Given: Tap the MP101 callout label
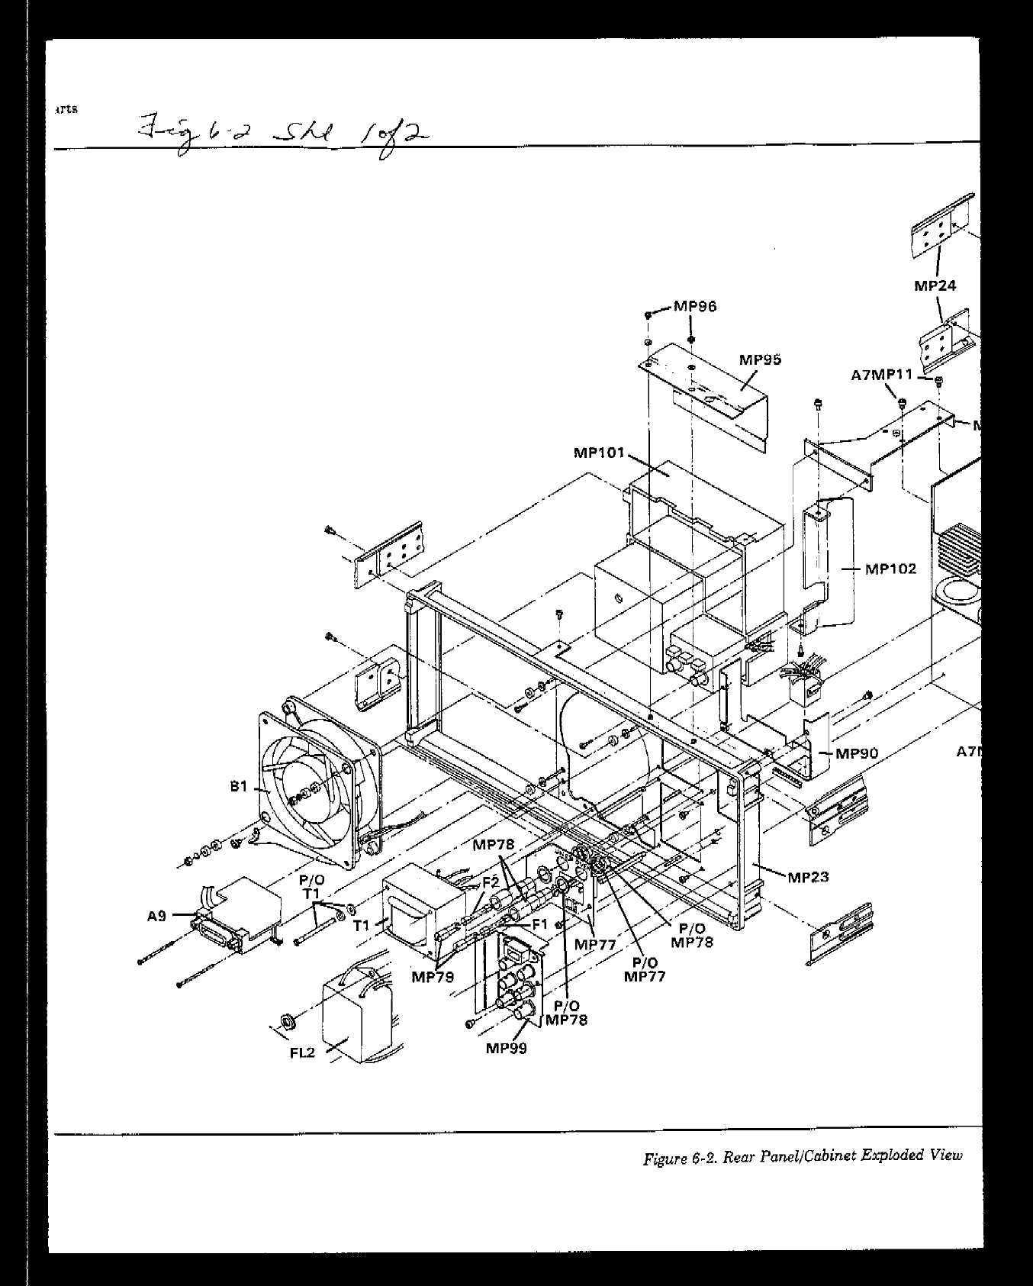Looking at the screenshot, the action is click(599, 453).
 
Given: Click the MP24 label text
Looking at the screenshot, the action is click(935, 286).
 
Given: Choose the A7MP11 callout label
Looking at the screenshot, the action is click(882, 375).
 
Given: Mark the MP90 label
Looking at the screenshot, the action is click(857, 753).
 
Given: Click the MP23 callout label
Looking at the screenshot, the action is click(808, 877).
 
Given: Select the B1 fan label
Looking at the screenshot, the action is click(240, 785).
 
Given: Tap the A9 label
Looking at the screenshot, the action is click(157, 917).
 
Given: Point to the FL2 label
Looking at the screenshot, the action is click(303, 1053).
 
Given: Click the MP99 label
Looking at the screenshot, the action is click(506, 1047).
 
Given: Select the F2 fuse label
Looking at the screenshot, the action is click(491, 882).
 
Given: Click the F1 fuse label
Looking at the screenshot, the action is click(539, 924).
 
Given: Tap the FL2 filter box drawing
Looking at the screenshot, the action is click(357, 1020).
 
